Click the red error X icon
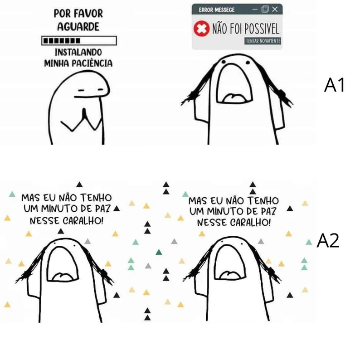coord(201,29)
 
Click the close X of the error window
coord(275,9)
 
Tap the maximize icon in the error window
coord(265,9)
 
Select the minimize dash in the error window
coord(255,10)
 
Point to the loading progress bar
coord(79,41)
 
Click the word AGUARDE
coord(78,27)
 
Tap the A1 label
coord(334,85)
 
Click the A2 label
coord(328,241)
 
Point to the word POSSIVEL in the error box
coord(262,29)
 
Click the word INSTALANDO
coord(78,52)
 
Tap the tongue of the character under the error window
coord(234,98)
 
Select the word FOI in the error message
coord(237,29)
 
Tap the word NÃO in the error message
coord(220,29)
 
